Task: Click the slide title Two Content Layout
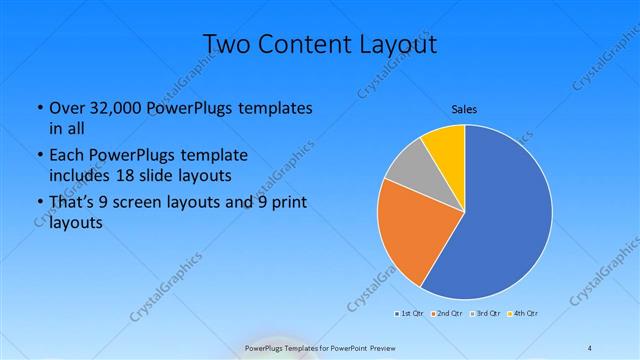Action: coord(320,44)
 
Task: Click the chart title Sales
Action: coord(463,108)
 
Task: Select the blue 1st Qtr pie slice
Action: coord(505,215)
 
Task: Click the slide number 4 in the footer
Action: coord(590,347)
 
